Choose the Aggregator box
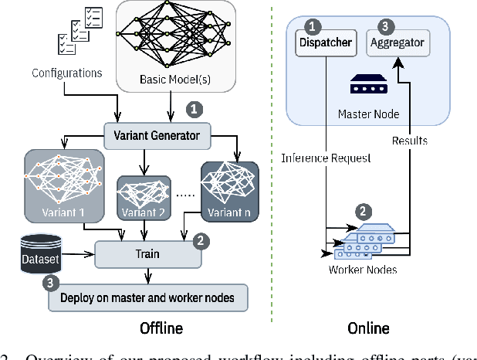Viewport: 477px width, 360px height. click(397, 42)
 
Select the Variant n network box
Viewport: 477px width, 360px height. click(228, 188)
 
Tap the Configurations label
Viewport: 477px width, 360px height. click(66, 73)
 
